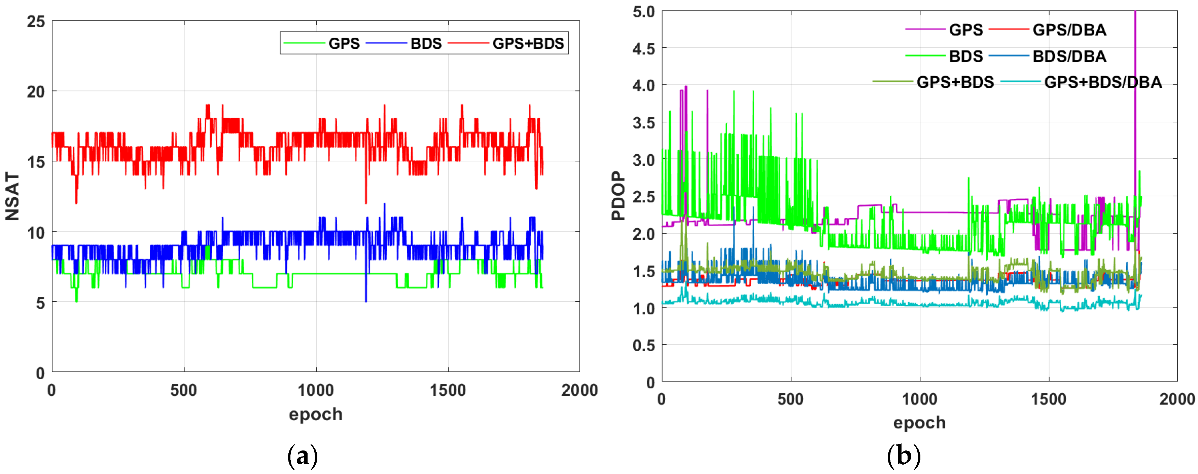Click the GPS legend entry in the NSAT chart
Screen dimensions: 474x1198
point(344,44)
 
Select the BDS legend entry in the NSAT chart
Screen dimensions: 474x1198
point(426,44)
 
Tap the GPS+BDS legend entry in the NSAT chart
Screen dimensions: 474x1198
point(528,44)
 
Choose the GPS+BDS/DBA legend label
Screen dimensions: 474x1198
point(1103,82)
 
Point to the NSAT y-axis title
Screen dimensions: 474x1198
point(12,196)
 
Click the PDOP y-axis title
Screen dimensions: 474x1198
point(618,196)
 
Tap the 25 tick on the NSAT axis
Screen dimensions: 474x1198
point(36,22)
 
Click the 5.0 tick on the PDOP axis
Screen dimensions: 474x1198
point(644,12)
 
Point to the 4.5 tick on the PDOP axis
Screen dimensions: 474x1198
point(644,49)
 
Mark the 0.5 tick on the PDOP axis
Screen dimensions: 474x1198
point(644,345)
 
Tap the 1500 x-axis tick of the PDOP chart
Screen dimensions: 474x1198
point(1048,399)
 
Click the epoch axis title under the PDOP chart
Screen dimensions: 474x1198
point(919,423)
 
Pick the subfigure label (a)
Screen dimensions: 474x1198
point(303,456)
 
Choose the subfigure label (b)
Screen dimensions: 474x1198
point(904,456)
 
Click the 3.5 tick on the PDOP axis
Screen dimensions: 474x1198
point(644,123)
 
